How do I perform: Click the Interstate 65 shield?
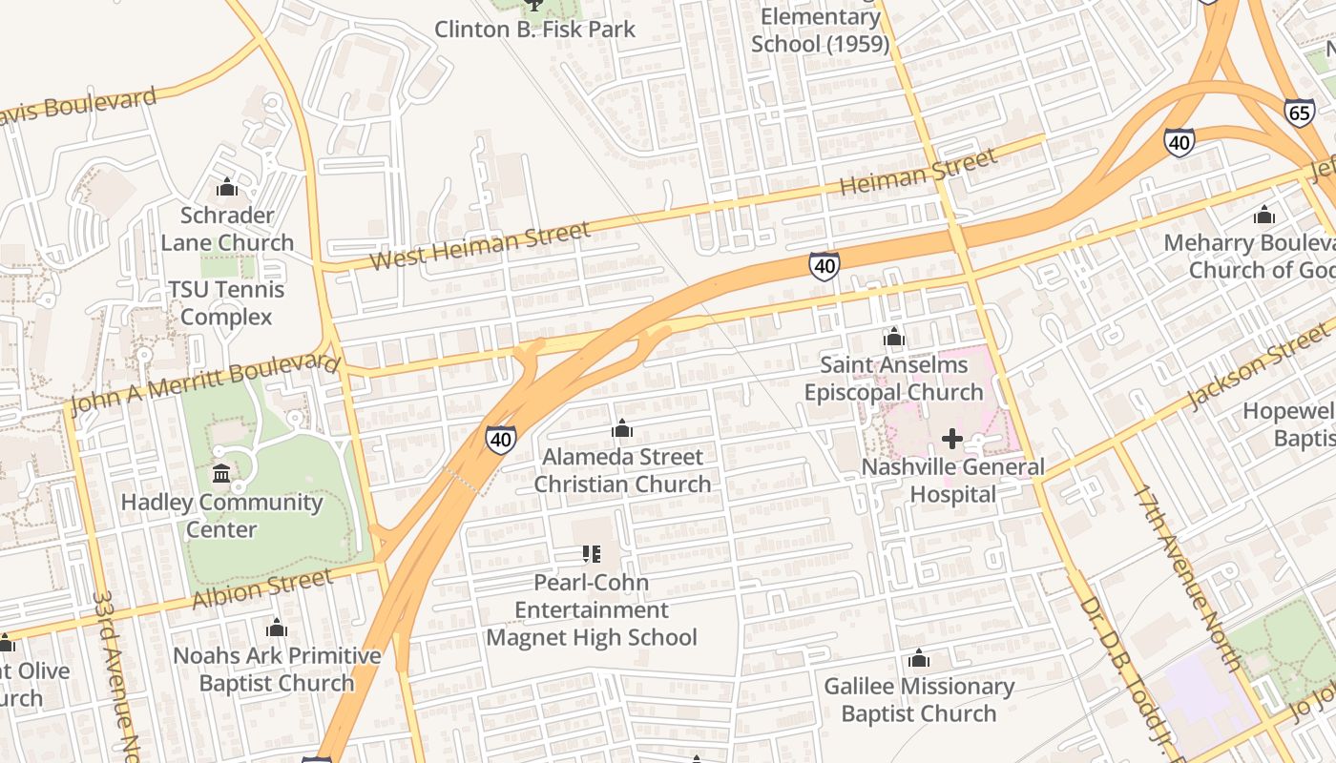click(x=1299, y=113)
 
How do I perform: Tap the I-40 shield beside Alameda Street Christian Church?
click(x=500, y=440)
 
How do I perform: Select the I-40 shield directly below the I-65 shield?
click(x=1179, y=143)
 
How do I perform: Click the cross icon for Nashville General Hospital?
click(x=951, y=439)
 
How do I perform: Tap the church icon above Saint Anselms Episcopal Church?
click(x=893, y=337)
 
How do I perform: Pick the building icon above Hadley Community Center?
click(x=221, y=473)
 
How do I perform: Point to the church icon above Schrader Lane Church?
click(x=227, y=188)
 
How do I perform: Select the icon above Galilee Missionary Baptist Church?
click(x=918, y=658)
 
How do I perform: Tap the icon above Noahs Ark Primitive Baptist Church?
click(x=277, y=628)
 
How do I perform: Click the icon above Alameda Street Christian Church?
click(x=622, y=429)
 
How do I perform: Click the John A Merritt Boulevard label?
click(x=205, y=383)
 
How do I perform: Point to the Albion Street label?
click(x=262, y=588)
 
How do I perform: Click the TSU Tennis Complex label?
click(x=226, y=302)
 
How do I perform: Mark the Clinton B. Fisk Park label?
click(x=534, y=29)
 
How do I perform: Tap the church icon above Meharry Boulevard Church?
click(x=1264, y=215)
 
